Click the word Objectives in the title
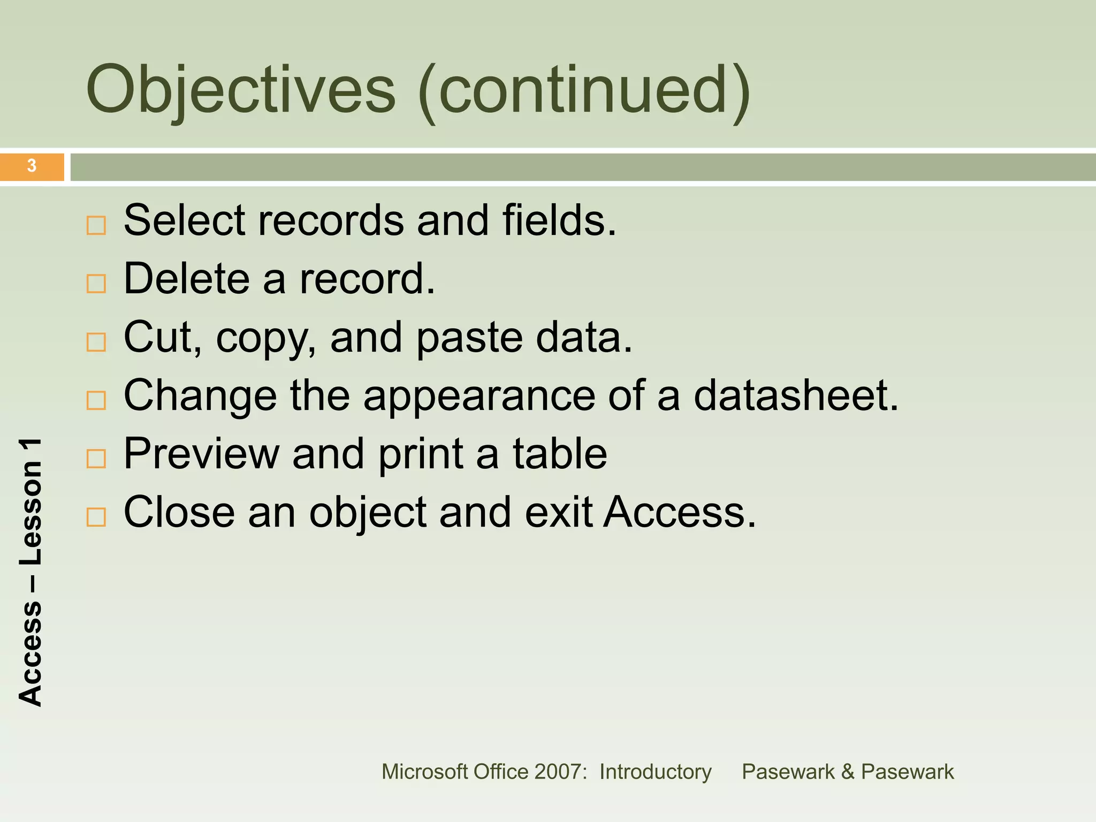click(x=241, y=90)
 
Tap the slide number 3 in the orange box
click(x=32, y=166)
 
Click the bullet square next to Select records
click(x=96, y=225)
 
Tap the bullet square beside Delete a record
click(x=96, y=284)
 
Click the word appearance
click(x=479, y=397)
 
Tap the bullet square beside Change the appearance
click(x=96, y=400)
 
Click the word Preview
click(x=201, y=454)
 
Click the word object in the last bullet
click(x=368, y=513)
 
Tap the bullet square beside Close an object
click(x=96, y=517)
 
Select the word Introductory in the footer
click(x=655, y=772)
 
